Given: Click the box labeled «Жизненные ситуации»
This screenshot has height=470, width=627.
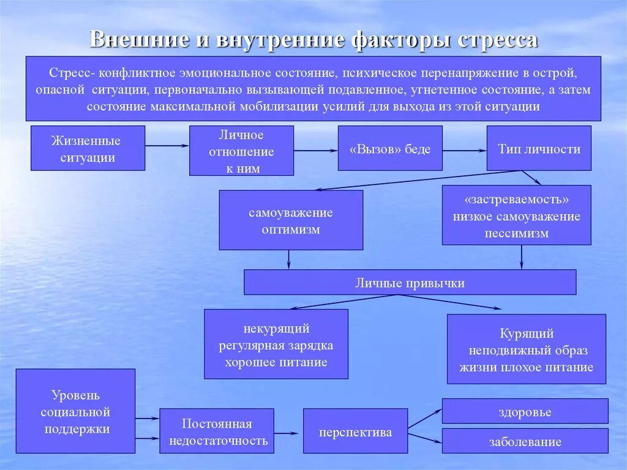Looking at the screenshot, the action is tap(88, 148).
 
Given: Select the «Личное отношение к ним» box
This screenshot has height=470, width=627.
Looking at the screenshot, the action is tap(241, 151).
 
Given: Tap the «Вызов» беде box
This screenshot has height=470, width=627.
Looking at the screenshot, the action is tap(390, 149).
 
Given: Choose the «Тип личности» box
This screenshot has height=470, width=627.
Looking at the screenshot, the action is tap(539, 149).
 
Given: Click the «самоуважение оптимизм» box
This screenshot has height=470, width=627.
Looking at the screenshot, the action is tap(291, 221).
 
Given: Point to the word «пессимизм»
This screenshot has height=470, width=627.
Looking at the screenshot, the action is tap(517, 233).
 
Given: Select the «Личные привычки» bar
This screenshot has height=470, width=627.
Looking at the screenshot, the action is tap(410, 282).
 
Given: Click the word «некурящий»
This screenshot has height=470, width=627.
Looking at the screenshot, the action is tap(276, 330).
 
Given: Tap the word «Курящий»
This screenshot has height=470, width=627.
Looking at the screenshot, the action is tap(527, 334).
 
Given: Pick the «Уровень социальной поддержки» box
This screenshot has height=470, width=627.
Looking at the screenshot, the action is tap(75, 411).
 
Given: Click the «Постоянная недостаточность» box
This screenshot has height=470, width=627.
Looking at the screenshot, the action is tap(217, 431).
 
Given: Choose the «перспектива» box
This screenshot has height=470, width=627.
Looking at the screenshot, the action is tap(355, 431).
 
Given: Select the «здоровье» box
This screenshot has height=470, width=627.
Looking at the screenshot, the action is tap(525, 411).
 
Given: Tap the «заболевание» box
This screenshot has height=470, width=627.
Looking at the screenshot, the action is tap(525, 441).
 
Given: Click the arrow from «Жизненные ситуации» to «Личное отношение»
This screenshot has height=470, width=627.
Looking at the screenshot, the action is tap(167, 146).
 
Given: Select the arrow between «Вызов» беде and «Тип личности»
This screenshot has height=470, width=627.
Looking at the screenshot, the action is tap(464, 149).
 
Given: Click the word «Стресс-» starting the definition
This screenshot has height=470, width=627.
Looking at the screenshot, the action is tap(71, 73).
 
